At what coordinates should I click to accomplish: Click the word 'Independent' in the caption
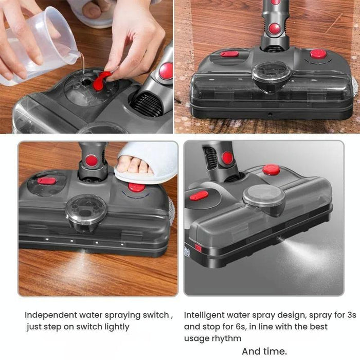tap(48, 315)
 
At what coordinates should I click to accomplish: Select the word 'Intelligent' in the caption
tap(205, 315)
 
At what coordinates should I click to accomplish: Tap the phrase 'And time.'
tap(264, 351)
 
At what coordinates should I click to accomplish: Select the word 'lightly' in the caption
tap(115, 327)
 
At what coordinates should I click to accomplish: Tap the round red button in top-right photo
tap(318, 53)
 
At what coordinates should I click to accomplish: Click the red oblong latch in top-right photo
tap(229, 54)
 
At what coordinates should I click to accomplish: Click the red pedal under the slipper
tap(136, 187)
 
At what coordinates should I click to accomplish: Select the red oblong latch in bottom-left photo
tap(47, 181)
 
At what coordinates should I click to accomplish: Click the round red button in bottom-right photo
tap(271, 170)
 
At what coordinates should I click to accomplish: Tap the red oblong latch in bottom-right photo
tap(199, 195)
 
